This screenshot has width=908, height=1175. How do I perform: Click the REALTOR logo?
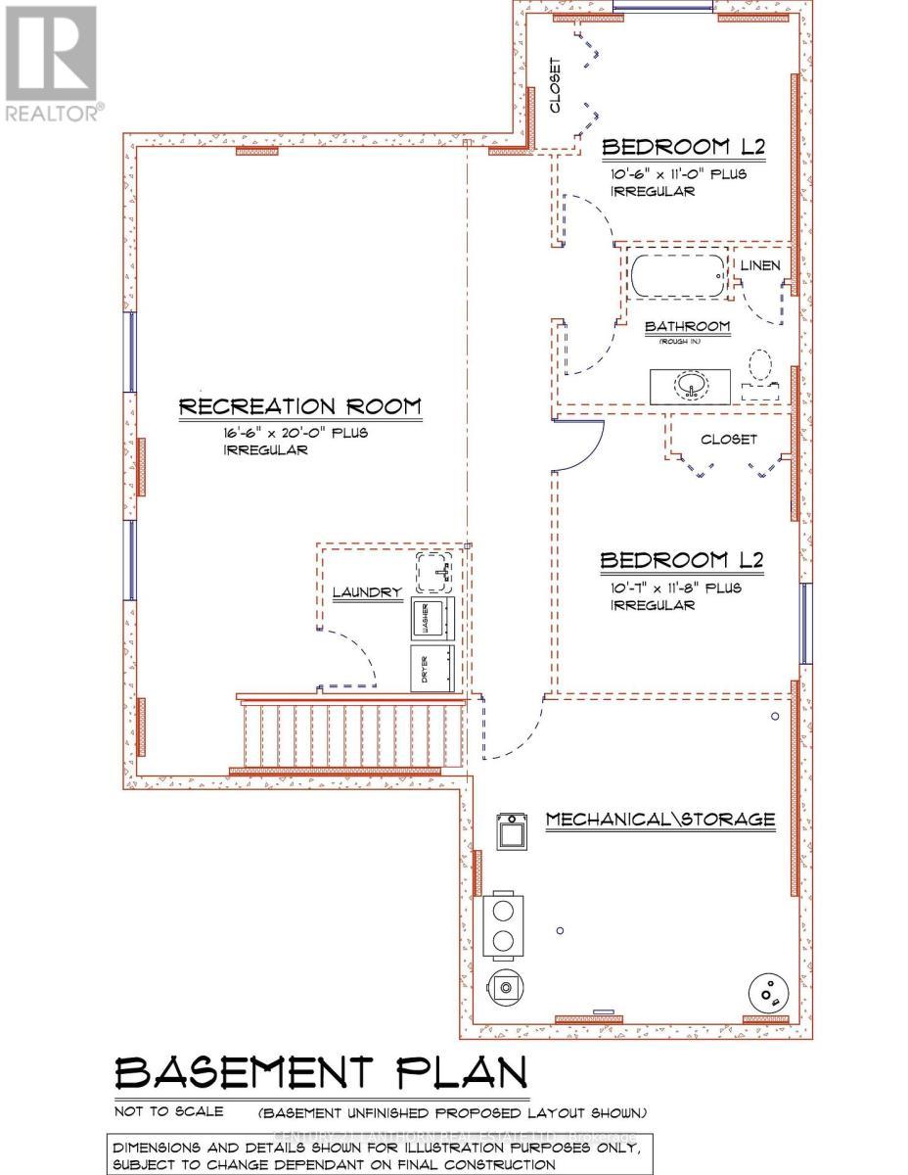[x=50, y=63]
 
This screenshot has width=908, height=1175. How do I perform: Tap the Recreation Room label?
[x=299, y=406]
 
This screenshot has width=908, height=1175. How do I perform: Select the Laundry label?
[x=367, y=592]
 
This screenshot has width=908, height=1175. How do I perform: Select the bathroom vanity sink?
[x=691, y=385]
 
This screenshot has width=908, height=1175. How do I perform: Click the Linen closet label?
[x=760, y=265]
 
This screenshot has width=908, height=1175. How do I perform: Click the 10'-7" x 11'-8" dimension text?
[x=676, y=588]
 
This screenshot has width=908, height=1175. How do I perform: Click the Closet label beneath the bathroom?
[x=729, y=440]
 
